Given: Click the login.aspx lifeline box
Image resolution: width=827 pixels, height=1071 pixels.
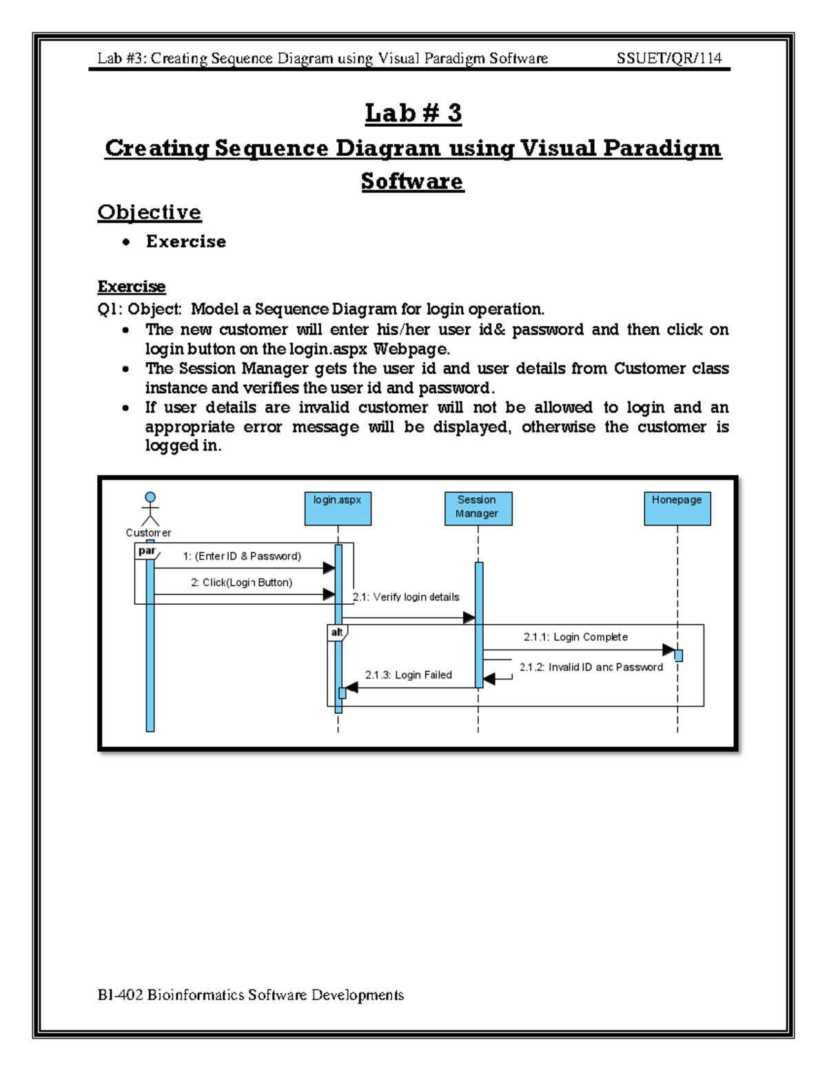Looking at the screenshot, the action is click(338, 508).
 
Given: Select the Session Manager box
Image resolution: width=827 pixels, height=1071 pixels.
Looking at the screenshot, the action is click(478, 508).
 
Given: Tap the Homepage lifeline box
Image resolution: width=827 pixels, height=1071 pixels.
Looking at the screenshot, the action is click(677, 508).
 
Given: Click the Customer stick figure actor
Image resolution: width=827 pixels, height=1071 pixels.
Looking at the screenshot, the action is click(150, 509).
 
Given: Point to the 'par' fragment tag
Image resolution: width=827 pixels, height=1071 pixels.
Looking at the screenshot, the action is click(147, 551).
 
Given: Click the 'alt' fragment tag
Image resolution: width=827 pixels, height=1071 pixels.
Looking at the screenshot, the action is click(337, 632).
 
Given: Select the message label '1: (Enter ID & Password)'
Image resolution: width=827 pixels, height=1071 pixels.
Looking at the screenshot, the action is click(242, 556).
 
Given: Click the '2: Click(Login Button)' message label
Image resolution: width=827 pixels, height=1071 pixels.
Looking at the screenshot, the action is click(242, 582).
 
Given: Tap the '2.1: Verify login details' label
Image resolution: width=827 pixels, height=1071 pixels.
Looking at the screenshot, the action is click(406, 597).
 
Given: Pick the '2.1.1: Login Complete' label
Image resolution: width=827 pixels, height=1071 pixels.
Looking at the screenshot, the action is click(575, 637).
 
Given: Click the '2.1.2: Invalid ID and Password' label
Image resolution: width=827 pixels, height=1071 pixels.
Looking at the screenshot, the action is click(591, 667).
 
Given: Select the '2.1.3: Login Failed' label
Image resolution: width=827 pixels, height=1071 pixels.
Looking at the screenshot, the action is click(409, 674).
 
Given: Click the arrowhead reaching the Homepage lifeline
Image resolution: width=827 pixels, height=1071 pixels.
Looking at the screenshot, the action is click(668, 650).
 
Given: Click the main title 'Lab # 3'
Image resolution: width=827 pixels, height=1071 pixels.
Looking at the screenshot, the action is click(413, 113).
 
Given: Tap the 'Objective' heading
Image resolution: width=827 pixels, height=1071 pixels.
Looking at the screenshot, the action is click(150, 212).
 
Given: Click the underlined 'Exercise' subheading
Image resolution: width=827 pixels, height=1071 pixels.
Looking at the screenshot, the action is click(132, 286).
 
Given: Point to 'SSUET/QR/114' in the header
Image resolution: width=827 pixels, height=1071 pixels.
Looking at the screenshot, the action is click(669, 58).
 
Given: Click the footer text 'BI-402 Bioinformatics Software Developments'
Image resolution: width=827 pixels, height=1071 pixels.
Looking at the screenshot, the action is click(251, 994).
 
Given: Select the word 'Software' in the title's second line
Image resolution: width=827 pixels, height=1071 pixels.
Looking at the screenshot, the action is click(412, 181).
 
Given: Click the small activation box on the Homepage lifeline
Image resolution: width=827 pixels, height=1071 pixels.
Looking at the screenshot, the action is click(678, 655).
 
